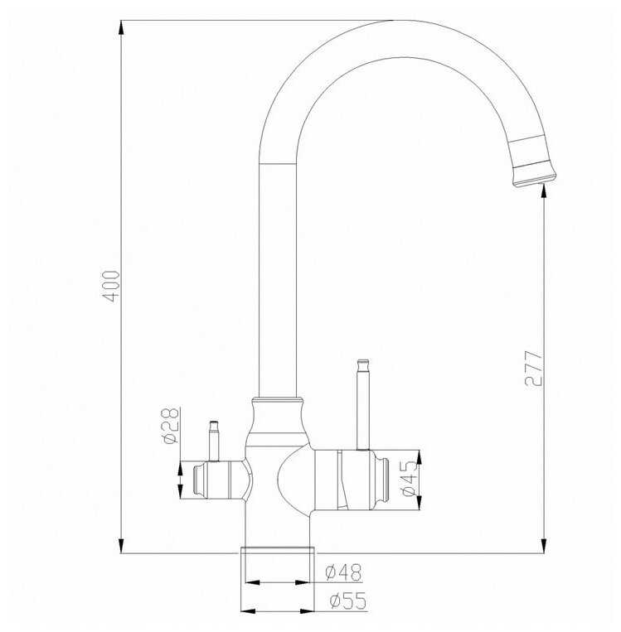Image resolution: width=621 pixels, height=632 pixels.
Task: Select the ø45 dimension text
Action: coord(407,480)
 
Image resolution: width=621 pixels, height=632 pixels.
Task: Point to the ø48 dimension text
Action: coord(343,572)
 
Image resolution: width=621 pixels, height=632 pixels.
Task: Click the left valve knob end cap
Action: coord(199,480)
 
